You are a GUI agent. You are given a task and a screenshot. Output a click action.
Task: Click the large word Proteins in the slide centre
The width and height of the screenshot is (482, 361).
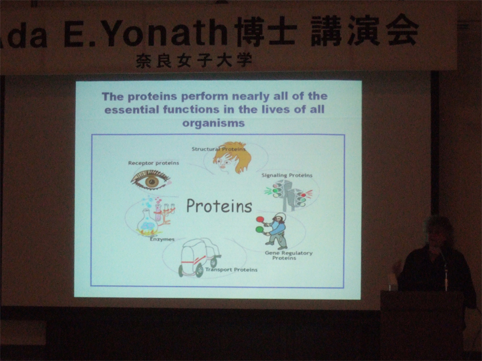click(219, 206)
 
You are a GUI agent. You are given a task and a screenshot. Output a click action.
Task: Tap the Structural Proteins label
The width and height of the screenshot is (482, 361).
click(219, 149)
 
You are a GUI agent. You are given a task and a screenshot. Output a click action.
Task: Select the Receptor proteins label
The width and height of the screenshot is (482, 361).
click(154, 163)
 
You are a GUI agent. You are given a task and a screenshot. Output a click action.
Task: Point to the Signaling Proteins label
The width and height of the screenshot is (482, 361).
click(287, 175)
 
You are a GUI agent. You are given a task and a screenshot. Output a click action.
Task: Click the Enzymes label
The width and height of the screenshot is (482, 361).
click(162, 239)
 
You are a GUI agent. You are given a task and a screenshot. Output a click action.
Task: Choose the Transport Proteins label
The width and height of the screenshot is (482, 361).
click(231, 270)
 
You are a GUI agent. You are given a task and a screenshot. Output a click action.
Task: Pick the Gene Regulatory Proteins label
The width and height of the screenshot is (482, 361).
click(289, 255)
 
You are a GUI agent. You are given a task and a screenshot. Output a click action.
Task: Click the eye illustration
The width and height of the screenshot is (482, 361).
click(151, 180)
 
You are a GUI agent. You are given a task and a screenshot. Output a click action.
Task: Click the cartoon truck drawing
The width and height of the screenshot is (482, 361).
click(199, 258)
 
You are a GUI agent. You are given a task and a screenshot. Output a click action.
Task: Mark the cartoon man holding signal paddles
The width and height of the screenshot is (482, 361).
click(273, 231)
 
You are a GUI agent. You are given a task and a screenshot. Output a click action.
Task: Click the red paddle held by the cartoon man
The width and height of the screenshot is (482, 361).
click(260, 219)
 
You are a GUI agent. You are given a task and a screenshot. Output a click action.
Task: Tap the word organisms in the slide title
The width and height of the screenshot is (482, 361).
click(213, 123)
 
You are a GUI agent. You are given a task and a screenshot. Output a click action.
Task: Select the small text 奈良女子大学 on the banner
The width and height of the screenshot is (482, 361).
click(194, 61)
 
